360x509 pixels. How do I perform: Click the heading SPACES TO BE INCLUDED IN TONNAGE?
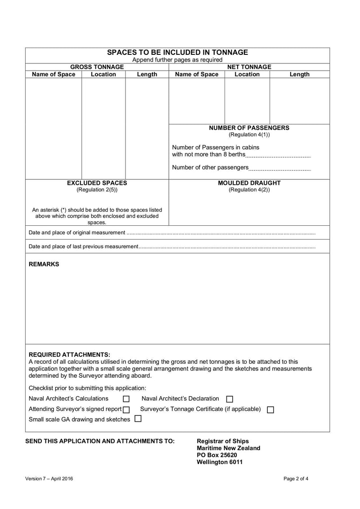[177, 52]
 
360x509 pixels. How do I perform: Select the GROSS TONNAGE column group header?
[97, 67]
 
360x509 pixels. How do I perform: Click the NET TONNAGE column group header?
[249, 67]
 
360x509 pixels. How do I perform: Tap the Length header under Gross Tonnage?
[147, 75]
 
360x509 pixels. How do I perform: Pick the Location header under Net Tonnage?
[247, 74]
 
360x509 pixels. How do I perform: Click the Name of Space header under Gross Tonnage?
[54, 74]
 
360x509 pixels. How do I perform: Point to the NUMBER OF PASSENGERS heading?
[249, 128]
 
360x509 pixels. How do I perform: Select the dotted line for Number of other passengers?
[279, 169]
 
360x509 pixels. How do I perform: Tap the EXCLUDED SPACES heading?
[97, 183]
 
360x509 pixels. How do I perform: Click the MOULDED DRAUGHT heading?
[249, 183]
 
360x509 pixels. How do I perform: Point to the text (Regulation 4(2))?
[249, 190]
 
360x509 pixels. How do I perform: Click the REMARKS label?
[44, 264]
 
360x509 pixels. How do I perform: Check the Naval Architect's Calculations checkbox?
[126, 399]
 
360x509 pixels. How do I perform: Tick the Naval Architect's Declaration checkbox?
[229, 399]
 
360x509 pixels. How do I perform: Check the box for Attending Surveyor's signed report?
[126, 410]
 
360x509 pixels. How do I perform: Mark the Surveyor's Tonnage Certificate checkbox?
[270, 410]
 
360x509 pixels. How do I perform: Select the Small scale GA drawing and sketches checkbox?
[138, 419]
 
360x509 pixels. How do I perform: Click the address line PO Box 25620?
[217, 455]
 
